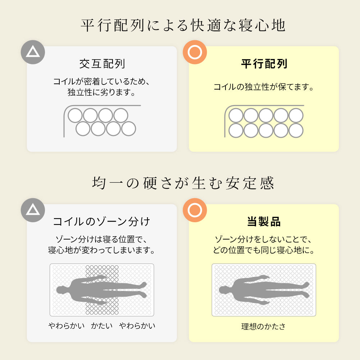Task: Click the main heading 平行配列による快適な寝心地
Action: (x=183, y=25)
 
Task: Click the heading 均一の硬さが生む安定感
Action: (x=183, y=183)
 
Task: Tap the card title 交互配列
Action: (x=102, y=64)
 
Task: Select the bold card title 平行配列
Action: (x=264, y=64)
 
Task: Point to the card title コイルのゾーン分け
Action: (x=102, y=222)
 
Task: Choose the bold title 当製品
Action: (x=264, y=222)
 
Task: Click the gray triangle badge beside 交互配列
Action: (x=33, y=52)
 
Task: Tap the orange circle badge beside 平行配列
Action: (x=195, y=52)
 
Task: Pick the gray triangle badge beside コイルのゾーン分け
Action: (x=33, y=210)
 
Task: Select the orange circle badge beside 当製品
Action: (x=195, y=210)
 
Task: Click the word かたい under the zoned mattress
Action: (x=102, y=325)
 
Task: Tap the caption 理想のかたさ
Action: (x=264, y=326)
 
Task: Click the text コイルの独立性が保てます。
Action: (x=264, y=87)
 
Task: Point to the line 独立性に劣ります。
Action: (x=102, y=92)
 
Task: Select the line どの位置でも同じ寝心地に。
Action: (x=264, y=250)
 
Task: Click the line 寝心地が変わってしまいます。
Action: (x=102, y=250)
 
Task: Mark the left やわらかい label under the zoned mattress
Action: (x=67, y=325)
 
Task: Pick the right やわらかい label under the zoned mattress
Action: (x=137, y=325)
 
